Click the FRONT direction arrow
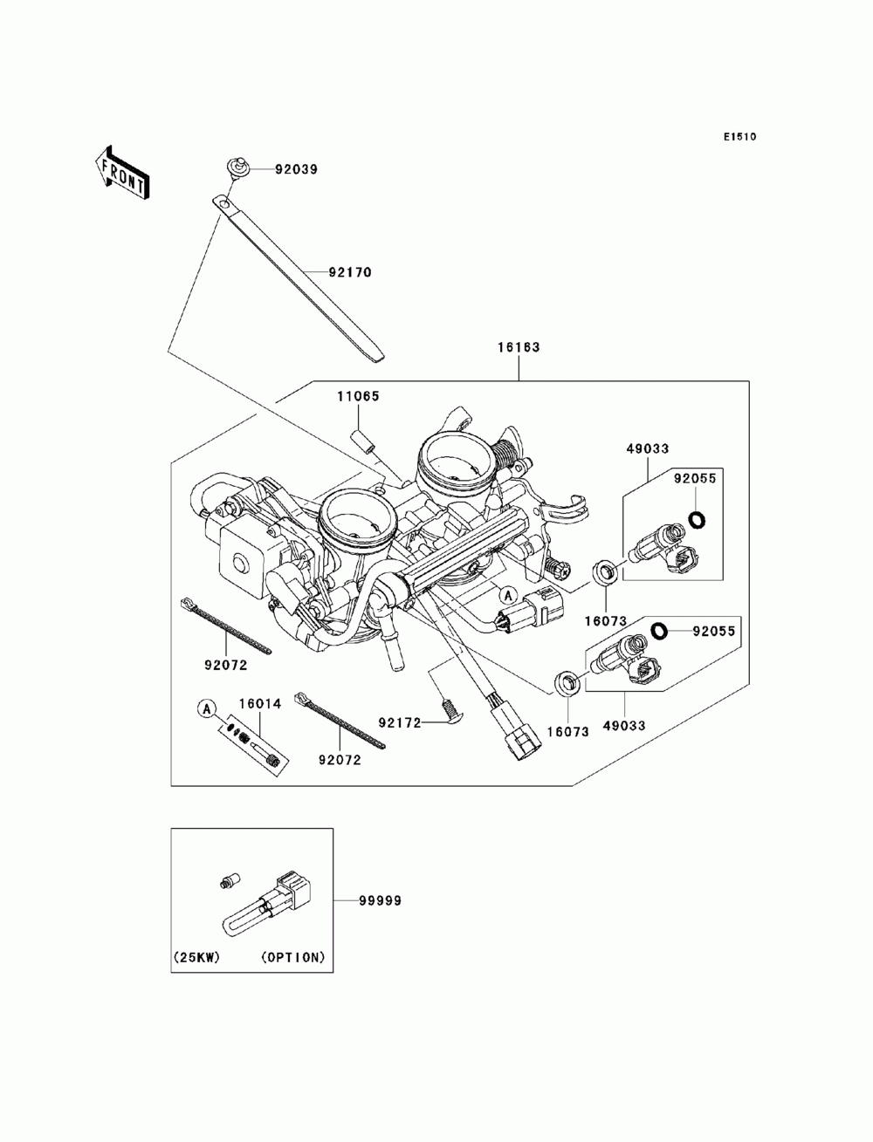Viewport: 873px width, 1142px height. pyautogui.click(x=122, y=172)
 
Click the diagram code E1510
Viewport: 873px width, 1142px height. pyautogui.click(x=739, y=137)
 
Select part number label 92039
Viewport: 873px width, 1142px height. pyautogui.click(x=296, y=169)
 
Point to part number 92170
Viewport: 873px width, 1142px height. pyautogui.click(x=350, y=272)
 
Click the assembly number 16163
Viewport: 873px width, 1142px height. pyautogui.click(x=519, y=347)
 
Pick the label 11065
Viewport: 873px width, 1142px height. pyautogui.click(x=358, y=396)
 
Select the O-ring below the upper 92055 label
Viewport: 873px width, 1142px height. pyautogui.click(x=696, y=519)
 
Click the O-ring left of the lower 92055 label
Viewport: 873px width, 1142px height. pyautogui.click(x=660, y=631)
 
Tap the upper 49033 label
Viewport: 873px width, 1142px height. pyautogui.click(x=647, y=448)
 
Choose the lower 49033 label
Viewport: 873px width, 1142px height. pyautogui.click(x=624, y=725)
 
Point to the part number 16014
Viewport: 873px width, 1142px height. pyautogui.click(x=260, y=703)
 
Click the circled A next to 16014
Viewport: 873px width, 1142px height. pyautogui.click(x=207, y=708)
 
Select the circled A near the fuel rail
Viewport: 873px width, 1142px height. pyautogui.click(x=508, y=593)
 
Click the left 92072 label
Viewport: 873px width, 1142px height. pyautogui.click(x=225, y=665)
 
